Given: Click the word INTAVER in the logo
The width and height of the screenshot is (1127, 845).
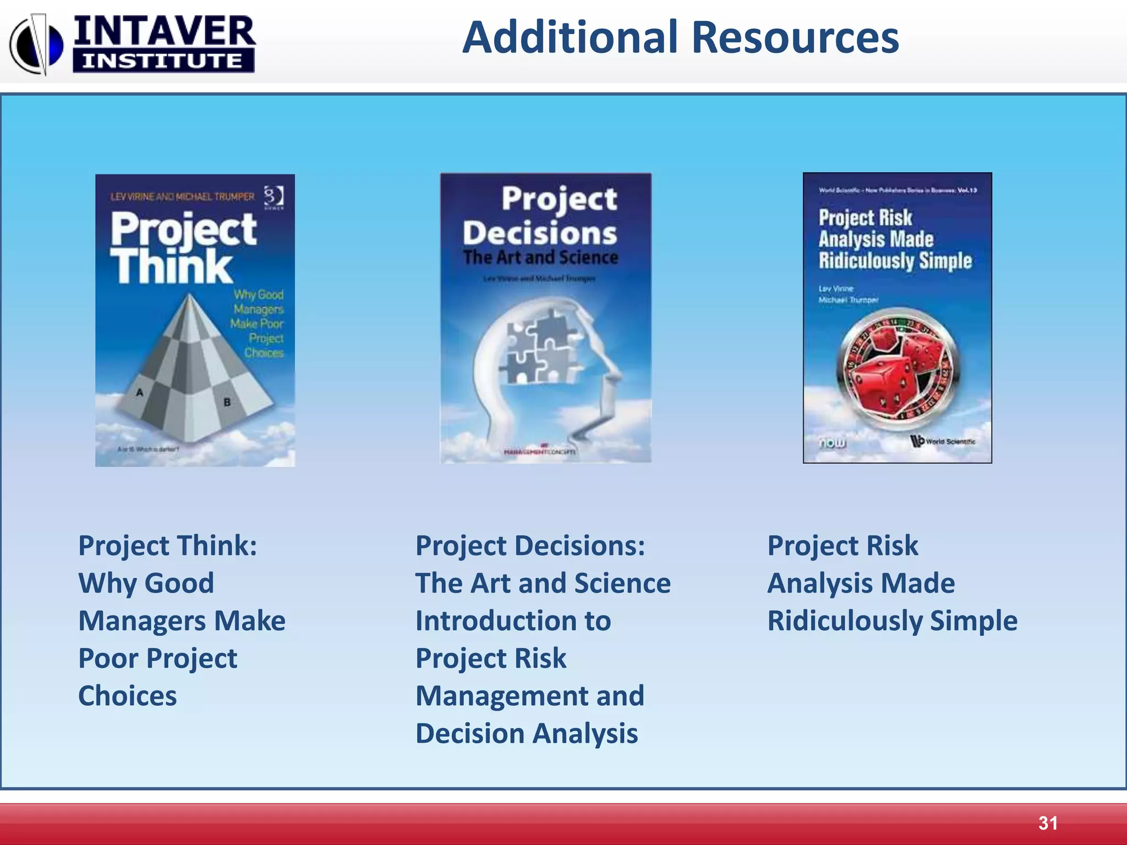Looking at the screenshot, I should click(164, 31).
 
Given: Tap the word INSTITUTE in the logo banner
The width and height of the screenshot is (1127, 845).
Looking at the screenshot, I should click(163, 61).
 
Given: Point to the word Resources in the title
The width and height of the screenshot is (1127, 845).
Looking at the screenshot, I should click(795, 37).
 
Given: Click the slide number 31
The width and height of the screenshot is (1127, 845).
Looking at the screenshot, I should click(1048, 823).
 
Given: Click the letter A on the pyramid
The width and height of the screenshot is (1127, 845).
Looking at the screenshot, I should click(140, 392).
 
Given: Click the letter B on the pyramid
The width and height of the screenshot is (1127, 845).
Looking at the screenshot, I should click(227, 402).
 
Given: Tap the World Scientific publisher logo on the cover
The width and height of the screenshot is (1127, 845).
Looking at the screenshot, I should click(943, 441).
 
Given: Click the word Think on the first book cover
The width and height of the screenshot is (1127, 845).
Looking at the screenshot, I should click(172, 267).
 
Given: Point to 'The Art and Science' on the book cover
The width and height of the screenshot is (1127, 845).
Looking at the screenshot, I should click(540, 257).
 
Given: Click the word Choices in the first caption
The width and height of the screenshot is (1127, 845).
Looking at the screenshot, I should click(128, 696).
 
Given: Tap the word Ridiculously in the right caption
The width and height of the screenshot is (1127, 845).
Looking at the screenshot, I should click(844, 621).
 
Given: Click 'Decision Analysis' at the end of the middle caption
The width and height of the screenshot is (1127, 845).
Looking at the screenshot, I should click(527, 734).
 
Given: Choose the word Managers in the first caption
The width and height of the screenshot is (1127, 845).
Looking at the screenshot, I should click(143, 621).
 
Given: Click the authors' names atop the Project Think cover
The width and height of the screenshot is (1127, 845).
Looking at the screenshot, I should click(182, 196).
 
